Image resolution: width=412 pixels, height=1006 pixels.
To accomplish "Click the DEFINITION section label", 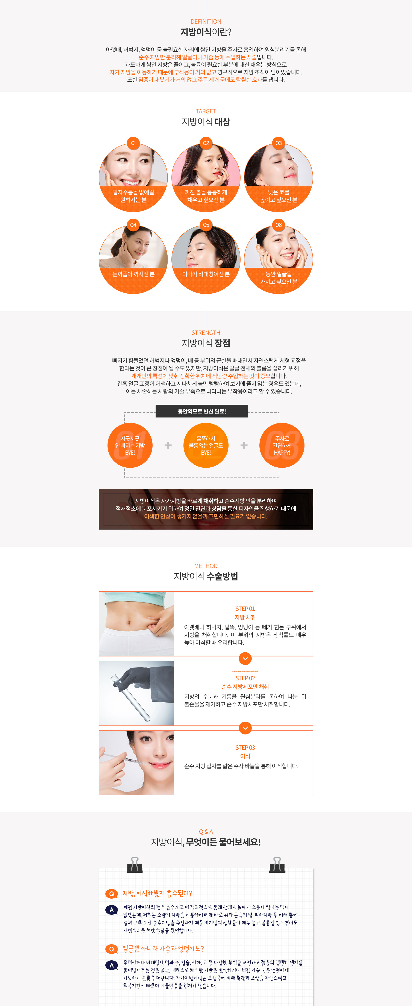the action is (206, 21).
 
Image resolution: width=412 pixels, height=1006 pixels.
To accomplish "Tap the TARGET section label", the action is (206, 111).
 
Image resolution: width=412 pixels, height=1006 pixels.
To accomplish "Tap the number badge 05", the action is (206, 225).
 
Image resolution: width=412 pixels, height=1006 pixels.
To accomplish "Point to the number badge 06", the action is (279, 225).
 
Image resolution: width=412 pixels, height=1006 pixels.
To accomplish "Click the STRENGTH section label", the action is (206, 333).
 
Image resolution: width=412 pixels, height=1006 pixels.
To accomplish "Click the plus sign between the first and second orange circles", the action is (168, 445).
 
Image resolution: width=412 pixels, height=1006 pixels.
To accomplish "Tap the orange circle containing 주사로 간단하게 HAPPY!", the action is (282, 445).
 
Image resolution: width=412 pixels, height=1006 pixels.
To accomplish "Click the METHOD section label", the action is (206, 566).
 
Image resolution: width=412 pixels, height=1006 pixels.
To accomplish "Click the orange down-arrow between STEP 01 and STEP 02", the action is (245, 658).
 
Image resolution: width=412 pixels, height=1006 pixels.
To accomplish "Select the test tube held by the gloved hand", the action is (130, 698).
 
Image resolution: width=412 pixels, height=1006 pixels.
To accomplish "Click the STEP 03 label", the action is (245, 748).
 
